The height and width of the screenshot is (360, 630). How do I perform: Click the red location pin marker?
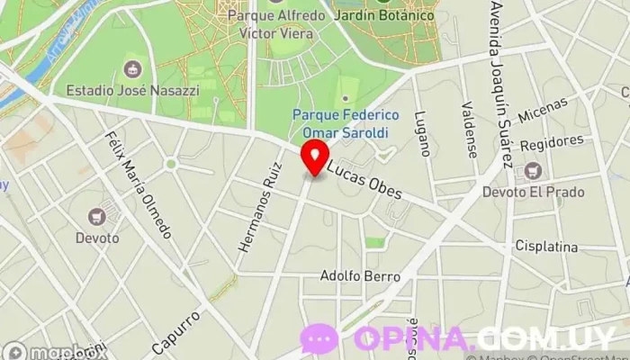click(x=315, y=157)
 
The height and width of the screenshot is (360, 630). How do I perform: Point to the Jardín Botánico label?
click(x=383, y=15)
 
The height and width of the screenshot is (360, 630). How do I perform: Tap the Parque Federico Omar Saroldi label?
click(x=346, y=123)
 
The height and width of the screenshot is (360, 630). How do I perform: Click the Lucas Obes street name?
click(x=364, y=181)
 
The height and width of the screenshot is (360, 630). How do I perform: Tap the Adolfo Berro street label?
click(x=360, y=277)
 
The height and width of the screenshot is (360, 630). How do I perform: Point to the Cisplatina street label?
click(x=545, y=245)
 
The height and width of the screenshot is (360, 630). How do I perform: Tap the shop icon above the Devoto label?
click(x=97, y=216)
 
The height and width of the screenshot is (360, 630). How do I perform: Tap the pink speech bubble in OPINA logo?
click(x=319, y=338)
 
